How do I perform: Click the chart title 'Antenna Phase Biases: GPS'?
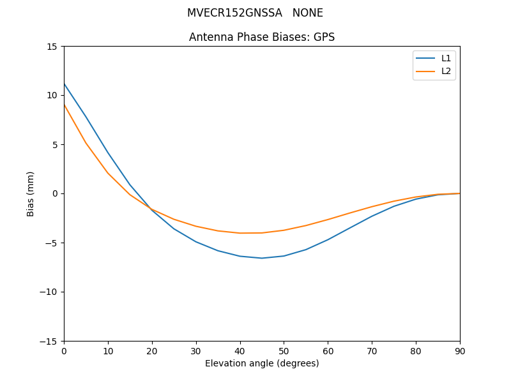(x=261, y=37)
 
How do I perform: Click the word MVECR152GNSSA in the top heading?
(x=234, y=13)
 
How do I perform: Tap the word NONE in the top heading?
(x=308, y=13)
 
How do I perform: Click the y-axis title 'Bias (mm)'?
(x=31, y=193)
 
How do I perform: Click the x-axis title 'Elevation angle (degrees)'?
(x=261, y=363)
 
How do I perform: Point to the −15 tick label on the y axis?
(x=49, y=341)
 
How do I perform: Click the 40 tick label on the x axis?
(x=240, y=351)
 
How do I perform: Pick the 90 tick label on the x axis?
(x=459, y=351)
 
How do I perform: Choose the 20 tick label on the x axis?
(x=152, y=351)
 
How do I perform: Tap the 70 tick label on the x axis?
(x=372, y=351)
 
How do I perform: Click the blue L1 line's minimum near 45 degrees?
(x=262, y=258)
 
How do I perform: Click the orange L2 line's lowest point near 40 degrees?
(x=240, y=233)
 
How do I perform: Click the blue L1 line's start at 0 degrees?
(x=65, y=84)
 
